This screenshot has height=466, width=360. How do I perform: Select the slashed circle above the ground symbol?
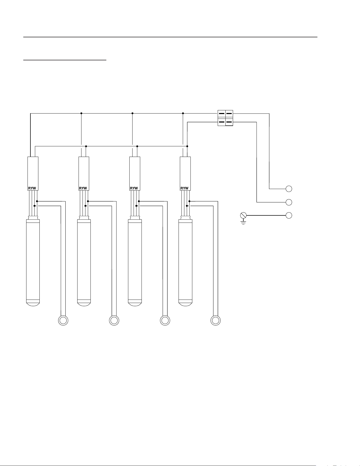243,215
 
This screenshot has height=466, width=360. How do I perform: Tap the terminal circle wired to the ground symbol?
289,215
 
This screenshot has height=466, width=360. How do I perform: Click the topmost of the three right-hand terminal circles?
289,189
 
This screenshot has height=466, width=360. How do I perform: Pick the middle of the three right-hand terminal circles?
289,202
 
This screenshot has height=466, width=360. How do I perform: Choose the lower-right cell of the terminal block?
229,122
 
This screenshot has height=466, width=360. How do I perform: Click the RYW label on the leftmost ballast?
32,188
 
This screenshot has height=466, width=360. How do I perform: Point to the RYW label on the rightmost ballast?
184,188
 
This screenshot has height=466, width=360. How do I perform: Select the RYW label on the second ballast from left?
83,188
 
